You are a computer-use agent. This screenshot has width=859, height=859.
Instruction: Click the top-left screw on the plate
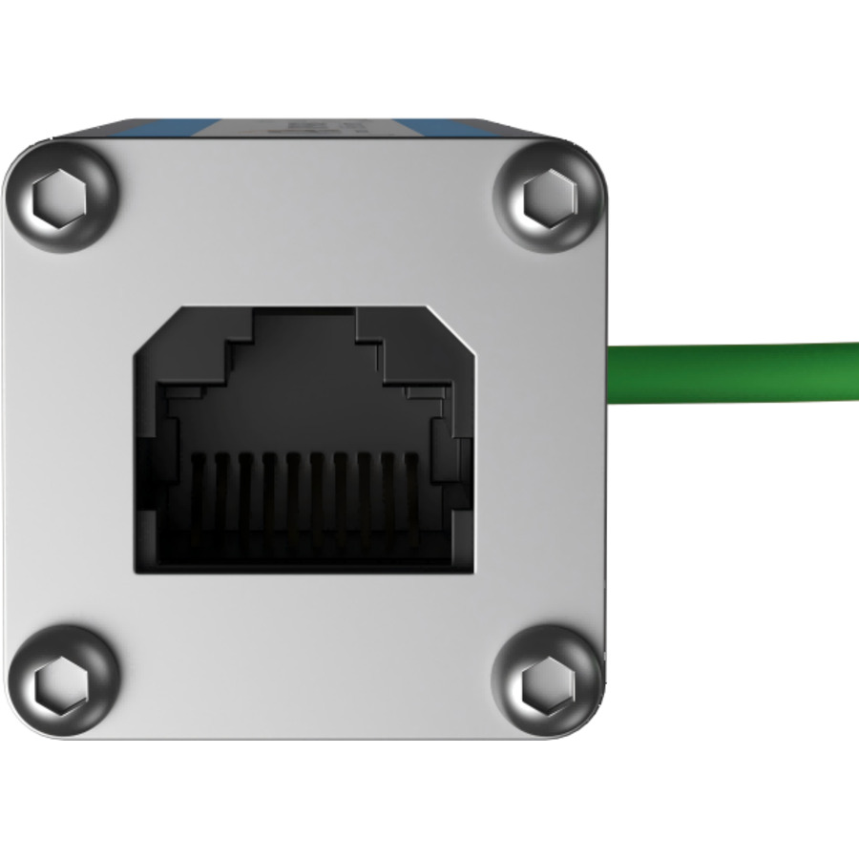pyautogui.click(x=61, y=197)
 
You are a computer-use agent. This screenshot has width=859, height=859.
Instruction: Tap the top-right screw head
pyautogui.click(x=549, y=197)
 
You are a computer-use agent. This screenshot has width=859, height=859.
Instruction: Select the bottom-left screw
pyautogui.click(x=61, y=679)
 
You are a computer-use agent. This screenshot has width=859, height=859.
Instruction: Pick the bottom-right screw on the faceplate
pyautogui.click(x=549, y=681)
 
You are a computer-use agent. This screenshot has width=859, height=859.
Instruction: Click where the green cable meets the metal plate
pyautogui.click(x=611, y=373)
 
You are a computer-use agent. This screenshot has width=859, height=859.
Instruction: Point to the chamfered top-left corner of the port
pyautogui.click(x=153, y=329)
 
